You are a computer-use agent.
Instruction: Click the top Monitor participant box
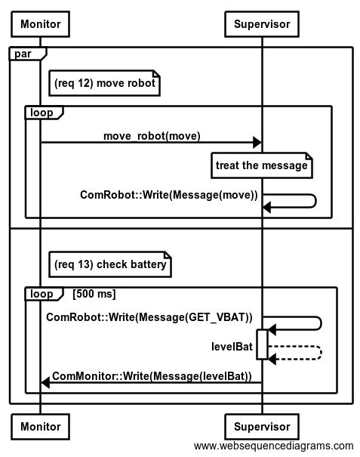[40, 24]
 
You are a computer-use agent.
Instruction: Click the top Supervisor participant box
[262, 24]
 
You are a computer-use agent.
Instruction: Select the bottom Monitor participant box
[40, 427]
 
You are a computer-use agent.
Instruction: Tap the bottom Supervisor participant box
[262, 427]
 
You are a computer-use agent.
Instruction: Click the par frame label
[23, 54]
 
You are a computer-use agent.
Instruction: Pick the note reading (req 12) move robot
[105, 83]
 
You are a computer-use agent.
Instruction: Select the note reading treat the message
[262, 165]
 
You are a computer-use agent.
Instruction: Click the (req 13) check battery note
[110, 264]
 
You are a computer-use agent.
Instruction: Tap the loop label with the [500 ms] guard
[42, 294]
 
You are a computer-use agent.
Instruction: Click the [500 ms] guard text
[94, 294]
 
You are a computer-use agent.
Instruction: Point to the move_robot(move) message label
[152, 136]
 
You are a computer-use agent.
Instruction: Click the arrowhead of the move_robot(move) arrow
[257, 143]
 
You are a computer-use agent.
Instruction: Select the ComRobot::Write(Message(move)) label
[169, 195]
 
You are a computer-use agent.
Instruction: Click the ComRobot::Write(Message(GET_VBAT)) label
[149, 317]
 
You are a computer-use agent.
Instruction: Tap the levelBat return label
[232, 347]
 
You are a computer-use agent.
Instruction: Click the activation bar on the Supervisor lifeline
[262, 344]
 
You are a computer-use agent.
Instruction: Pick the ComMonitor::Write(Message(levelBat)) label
[152, 376]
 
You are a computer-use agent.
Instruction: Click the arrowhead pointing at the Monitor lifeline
[45, 382]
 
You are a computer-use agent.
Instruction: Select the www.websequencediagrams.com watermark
[273, 446]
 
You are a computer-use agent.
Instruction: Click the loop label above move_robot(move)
[42, 113]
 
